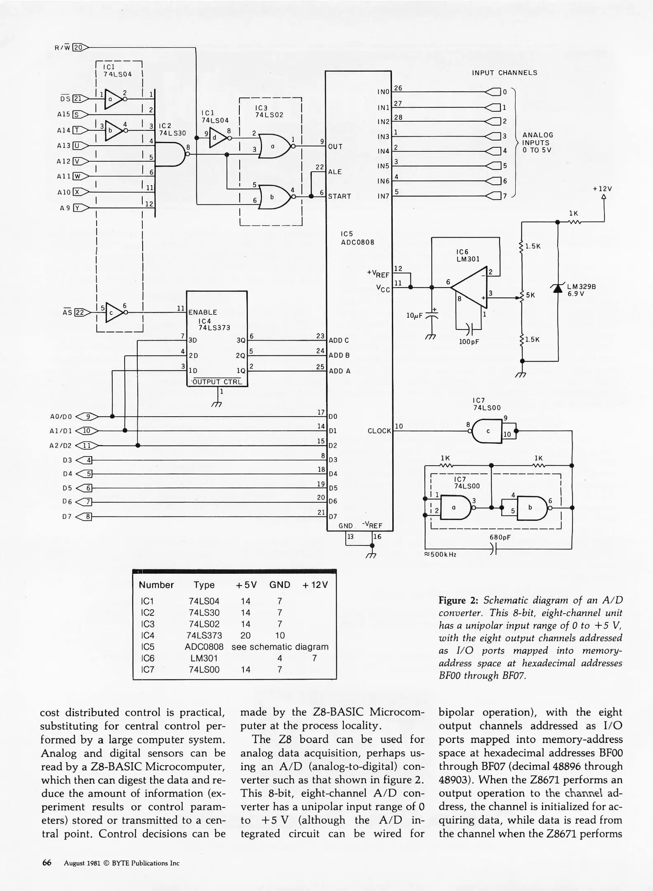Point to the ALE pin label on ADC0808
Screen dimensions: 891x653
coord(335,172)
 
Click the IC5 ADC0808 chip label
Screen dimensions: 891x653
coord(357,238)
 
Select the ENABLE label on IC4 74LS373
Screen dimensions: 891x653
coord(203,312)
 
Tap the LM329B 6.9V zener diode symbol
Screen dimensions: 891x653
coord(558,288)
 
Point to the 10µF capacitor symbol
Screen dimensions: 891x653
coord(431,316)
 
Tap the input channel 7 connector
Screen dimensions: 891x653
coord(495,196)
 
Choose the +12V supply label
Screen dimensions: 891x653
coord(602,189)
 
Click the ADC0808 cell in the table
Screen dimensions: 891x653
coord(204,647)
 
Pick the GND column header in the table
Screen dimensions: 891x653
coord(280,585)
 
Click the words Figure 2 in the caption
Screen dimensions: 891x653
coord(458,600)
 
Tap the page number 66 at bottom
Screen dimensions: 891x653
coord(47,863)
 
